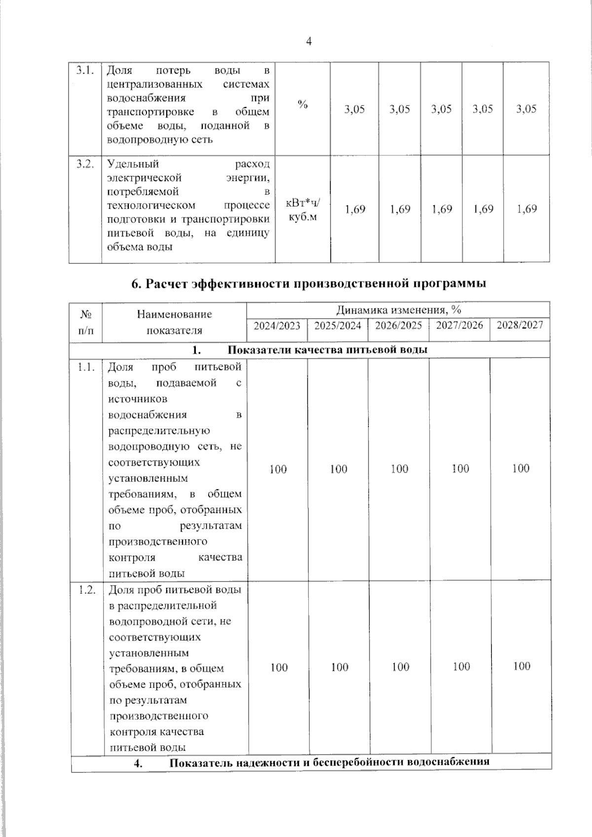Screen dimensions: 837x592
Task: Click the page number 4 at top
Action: [x=309, y=42]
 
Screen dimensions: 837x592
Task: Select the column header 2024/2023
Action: [x=277, y=326]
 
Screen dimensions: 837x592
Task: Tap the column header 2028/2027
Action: [x=519, y=325]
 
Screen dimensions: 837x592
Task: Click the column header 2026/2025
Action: [x=398, y=326]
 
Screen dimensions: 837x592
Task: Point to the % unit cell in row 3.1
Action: [x=302, y=105]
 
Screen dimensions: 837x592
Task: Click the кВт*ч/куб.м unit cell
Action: [x=302, y=209]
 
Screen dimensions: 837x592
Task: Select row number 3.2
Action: [x=85, y=164]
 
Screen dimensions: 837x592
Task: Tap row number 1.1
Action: [x=86, y=367]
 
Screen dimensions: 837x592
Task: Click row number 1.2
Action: [x=87, y=590]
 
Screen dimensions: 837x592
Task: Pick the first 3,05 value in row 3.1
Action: [x=354, y=109]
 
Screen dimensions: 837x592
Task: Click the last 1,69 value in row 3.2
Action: [x=526, y=209]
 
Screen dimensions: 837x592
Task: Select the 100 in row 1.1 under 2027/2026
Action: [x=460, y=469]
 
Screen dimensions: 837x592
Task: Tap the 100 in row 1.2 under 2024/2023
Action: [x=279, y=667]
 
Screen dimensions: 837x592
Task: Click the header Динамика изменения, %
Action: [x=398, y=310]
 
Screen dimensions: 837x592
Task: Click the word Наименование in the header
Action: [x=175, y=314]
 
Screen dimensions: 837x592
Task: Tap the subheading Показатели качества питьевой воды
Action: [x=327, y=350]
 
